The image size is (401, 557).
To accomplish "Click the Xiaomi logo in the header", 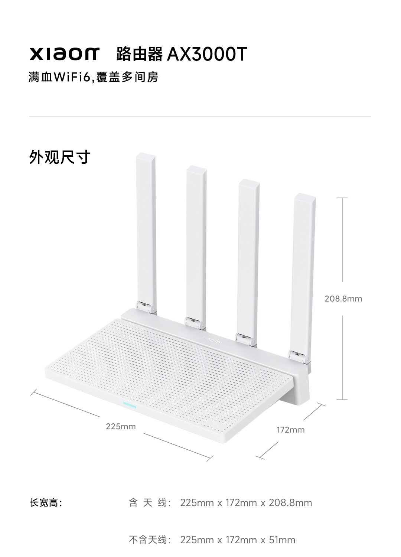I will point(64,54).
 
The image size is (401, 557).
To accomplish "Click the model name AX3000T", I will point(207,54).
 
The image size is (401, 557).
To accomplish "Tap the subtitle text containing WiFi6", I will point(93,77).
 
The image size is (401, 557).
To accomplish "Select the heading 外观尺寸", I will point(59,157).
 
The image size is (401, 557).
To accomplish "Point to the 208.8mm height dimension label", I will point(343,299).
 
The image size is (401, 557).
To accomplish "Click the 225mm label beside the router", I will point(121,426).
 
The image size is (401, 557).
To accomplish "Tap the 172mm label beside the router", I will point(290,430).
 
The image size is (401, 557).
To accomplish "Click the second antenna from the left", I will point(196,241).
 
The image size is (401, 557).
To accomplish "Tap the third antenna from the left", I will point(248,256).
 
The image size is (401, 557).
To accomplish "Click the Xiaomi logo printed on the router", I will point(211,340).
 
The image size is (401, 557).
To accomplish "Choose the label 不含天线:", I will point(150,540).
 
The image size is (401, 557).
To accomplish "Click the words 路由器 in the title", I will point(139,54).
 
